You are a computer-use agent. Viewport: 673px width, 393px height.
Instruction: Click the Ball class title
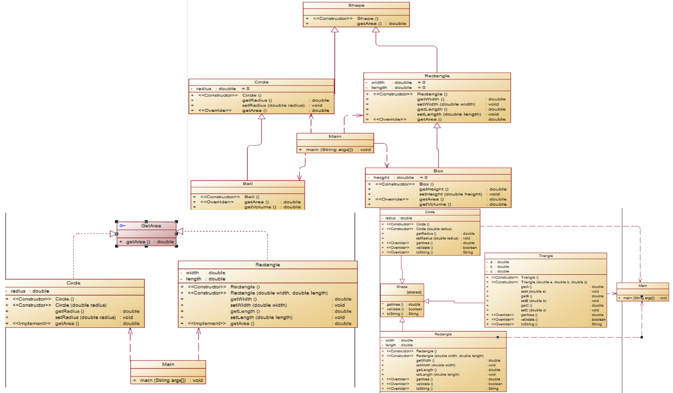pos(248,184)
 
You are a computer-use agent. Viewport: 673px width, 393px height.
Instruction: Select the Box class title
pos(438,171)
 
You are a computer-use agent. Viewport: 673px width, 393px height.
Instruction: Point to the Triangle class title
pos(546,256)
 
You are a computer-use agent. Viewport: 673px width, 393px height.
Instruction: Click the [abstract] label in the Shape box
pos(414,292)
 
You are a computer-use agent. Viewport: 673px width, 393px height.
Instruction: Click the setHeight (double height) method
pos(451,194)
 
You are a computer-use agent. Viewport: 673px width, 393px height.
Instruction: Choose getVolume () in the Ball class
pos(260,207)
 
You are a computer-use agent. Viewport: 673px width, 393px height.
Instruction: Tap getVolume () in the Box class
pos(435,204)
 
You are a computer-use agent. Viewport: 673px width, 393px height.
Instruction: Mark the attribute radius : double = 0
pos(219,88)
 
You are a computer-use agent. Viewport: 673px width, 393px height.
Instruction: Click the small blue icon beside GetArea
pos(122,226)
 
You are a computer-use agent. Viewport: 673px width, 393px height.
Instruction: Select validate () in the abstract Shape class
pos(395,309)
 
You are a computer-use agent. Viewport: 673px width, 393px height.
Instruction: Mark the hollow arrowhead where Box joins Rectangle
pos(437,125)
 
